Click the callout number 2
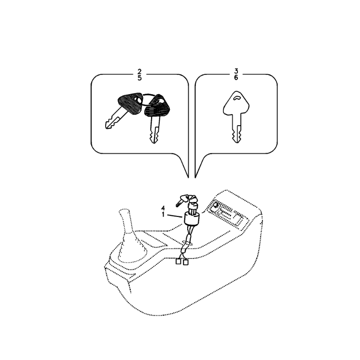point(139,71)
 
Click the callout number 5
point(139,78)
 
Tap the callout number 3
point(236,71)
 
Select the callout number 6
point(236,78)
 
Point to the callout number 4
point(163,208)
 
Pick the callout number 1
point(163,215)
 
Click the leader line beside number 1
point(175,216)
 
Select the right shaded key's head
point(157,105)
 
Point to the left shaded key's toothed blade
point(115,119)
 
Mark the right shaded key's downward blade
point(154,130)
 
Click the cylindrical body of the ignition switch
point(192,218)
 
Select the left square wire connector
point(179,261)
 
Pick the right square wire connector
point(185,262)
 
